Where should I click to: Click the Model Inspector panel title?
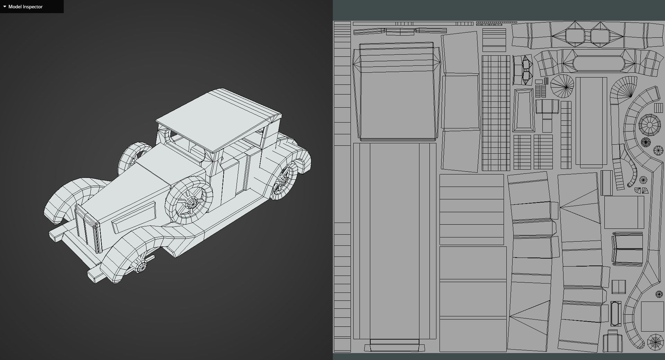(x=25, y=7)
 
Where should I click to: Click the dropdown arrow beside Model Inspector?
(x=5, y=7)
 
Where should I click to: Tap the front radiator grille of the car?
(x=88, y=228)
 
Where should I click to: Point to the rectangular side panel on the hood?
(x=133, y=217)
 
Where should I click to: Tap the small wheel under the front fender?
(x=141, y=267)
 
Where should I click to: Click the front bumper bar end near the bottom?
(x=93, y=277)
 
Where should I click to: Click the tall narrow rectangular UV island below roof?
(x=395, y=242)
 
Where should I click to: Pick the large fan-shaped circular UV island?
(x=562, y=85)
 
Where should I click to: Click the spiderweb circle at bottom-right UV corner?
(x=655, y=342)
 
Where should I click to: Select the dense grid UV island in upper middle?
(x=496, y=112)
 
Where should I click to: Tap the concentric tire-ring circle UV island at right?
(x=650, y=125)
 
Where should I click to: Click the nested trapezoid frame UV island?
(x=524, y=110)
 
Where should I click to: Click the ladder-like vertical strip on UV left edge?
(x=342, y=187)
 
